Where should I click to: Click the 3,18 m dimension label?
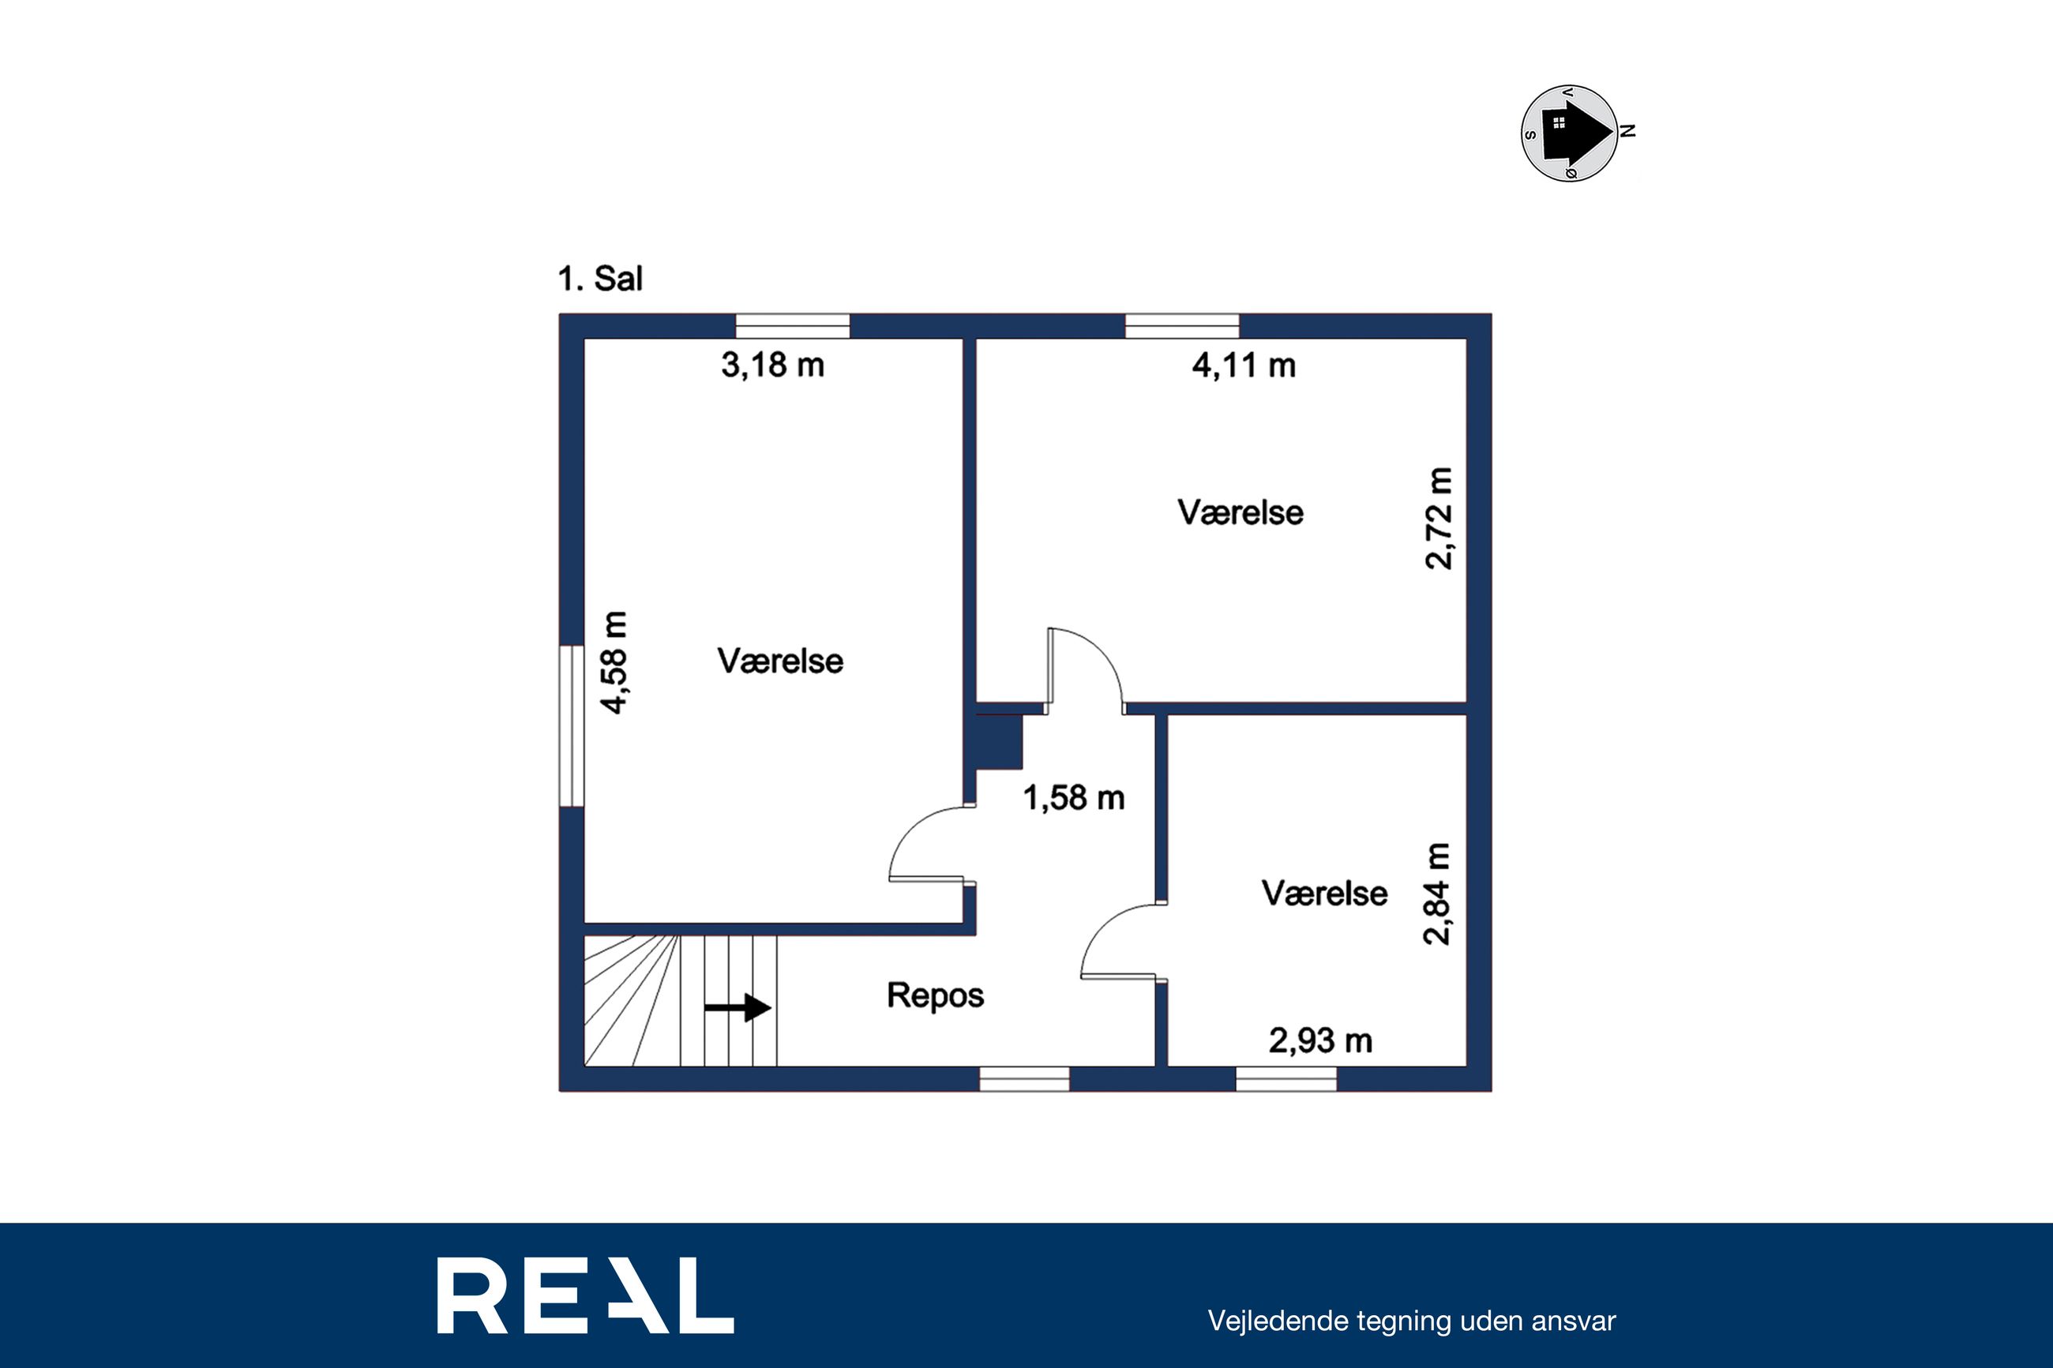coord(773,365)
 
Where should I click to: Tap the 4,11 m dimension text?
coord(1244,365)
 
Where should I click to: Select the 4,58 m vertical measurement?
coord(615,663)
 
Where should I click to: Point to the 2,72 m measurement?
coord(1439,519)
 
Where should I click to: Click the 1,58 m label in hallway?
coord(1074,797)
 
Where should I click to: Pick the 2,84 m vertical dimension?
coord(1437,894)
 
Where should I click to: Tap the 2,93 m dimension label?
coord(1321,1041)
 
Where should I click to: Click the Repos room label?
coord(936,996)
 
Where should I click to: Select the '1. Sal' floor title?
coord(600,279)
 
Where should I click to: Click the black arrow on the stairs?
coord(738,1008)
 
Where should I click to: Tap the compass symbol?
coord(1570,133)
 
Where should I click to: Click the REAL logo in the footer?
coord(585,1295)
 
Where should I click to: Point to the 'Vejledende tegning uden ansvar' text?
coord(1412,1321)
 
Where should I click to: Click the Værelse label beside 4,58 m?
coord(781,662)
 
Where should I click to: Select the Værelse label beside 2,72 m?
coord(1240,513)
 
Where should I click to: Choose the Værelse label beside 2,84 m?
coord(1324,894)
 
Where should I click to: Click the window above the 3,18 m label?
coord(793,326)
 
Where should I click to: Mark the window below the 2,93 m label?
coord(1286,1079)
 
